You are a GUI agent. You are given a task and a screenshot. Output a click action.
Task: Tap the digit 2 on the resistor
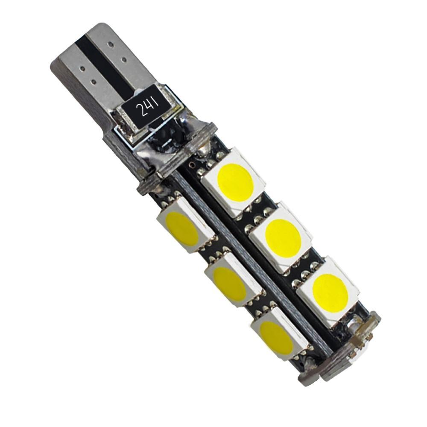(x=140, y=112)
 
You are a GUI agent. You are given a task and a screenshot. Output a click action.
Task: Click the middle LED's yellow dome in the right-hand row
(x=283, y=238)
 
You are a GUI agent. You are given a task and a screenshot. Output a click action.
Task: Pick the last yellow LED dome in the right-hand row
(x=330, y=293)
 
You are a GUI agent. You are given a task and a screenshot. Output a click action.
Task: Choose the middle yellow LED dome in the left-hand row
(x=230, y=284)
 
